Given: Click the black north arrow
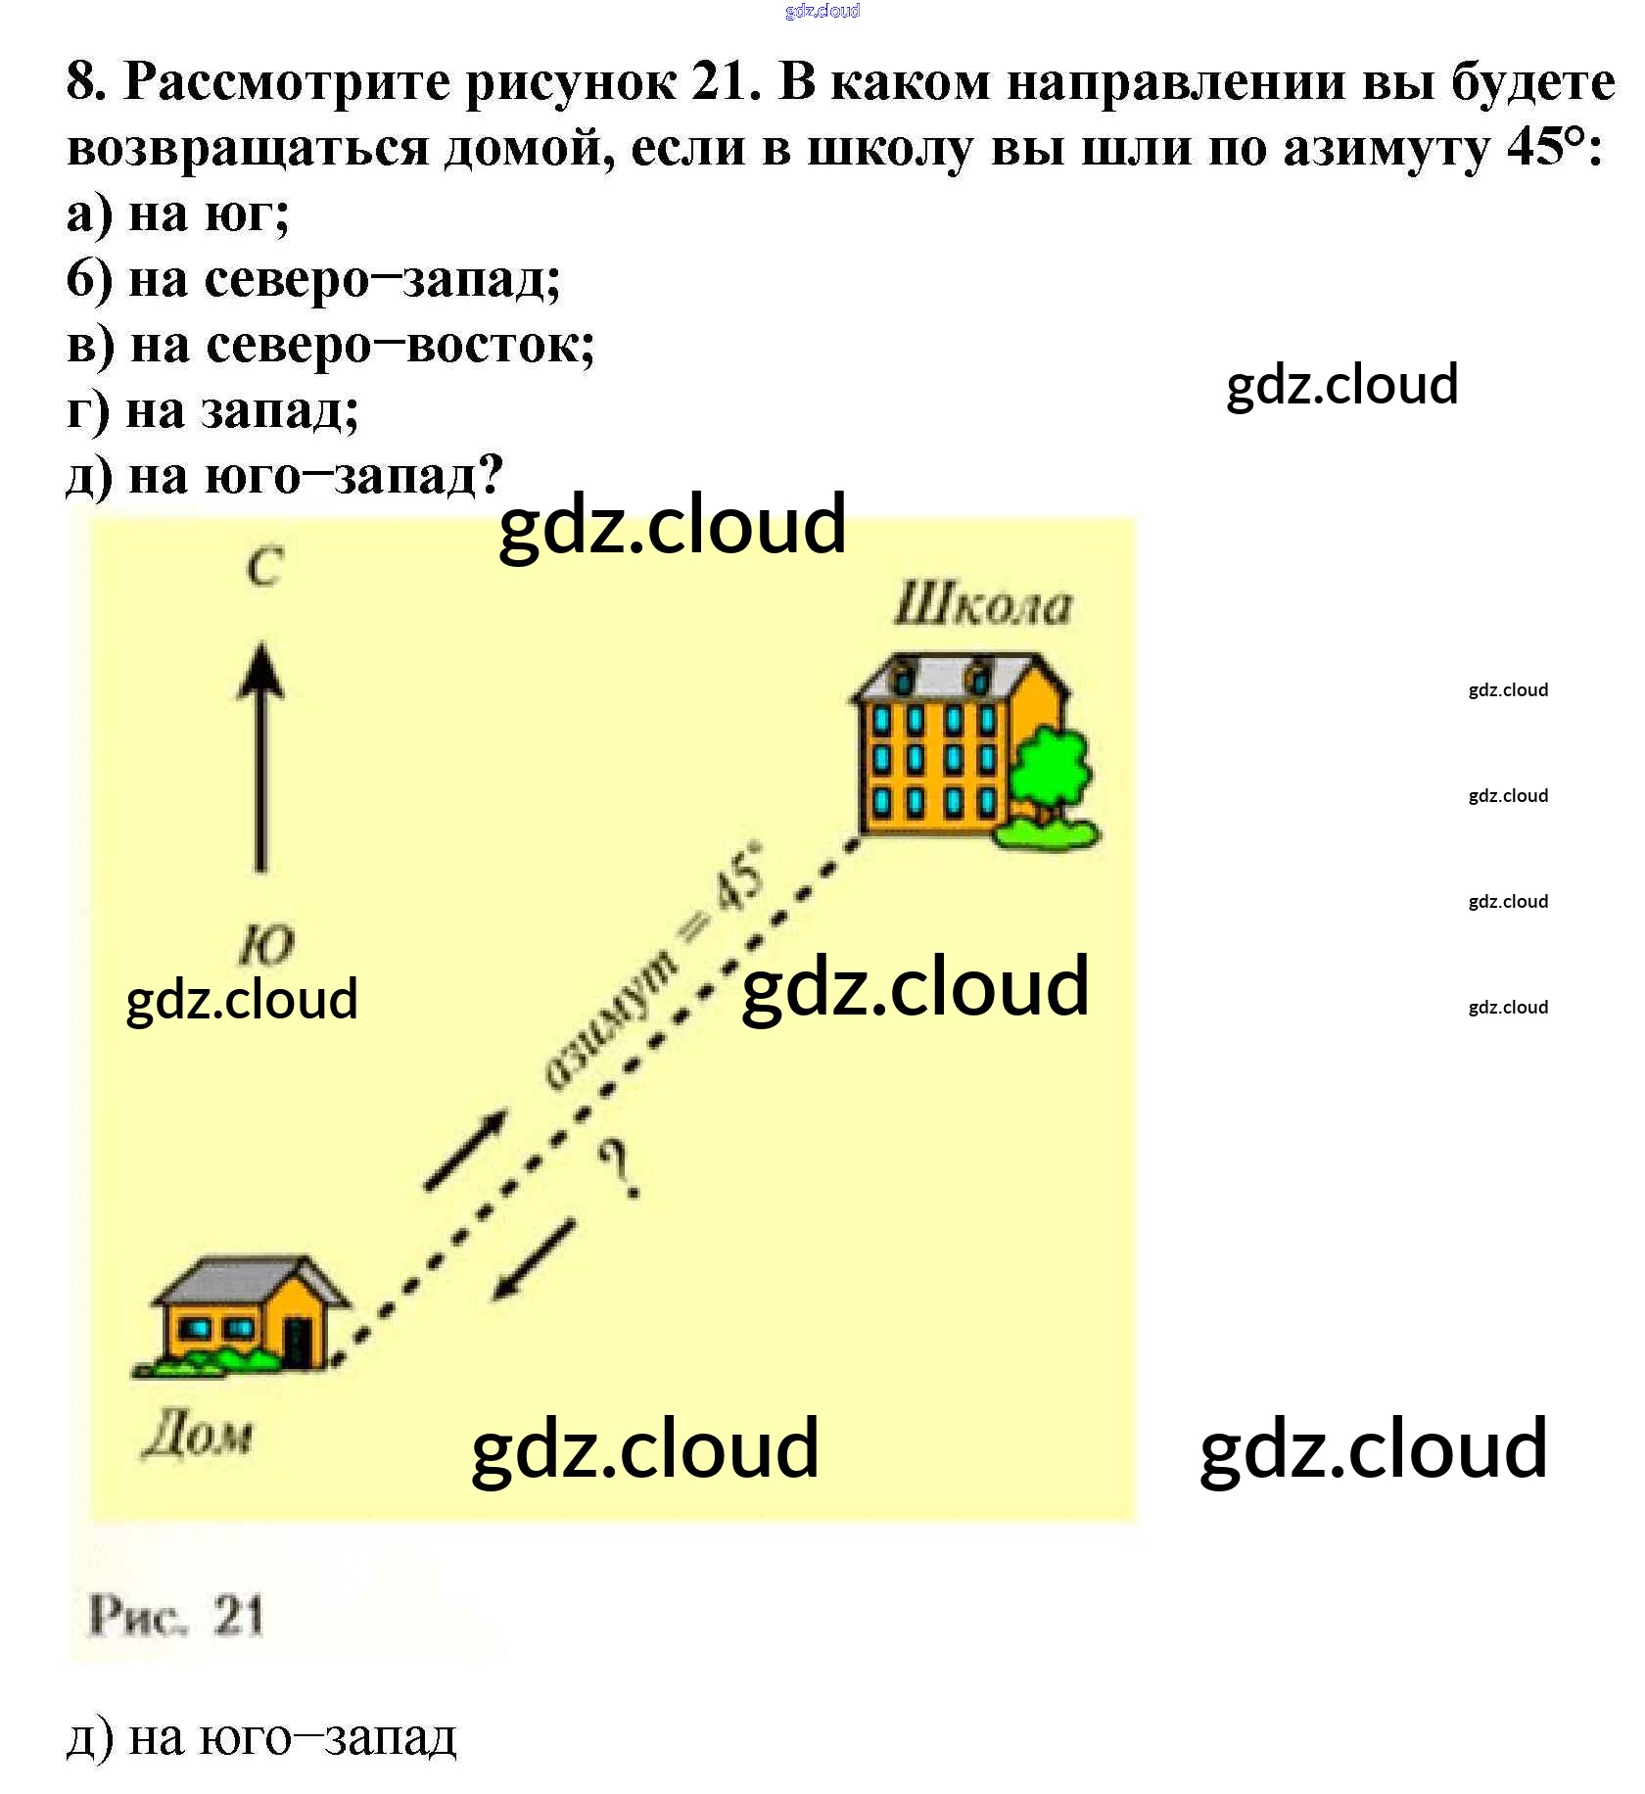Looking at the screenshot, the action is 260,754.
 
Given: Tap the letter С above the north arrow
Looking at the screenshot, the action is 264,567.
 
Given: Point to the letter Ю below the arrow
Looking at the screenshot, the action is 266,945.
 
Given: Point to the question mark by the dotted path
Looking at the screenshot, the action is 620,1170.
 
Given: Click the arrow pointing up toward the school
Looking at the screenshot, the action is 466,1150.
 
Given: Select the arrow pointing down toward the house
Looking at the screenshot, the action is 532,1263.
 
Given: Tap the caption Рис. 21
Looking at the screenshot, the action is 176,1616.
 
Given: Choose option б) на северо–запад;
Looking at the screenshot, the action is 313,279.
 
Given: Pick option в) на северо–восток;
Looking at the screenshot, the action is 330,345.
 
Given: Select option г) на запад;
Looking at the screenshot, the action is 212,410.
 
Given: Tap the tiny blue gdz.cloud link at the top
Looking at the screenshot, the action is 822,11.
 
